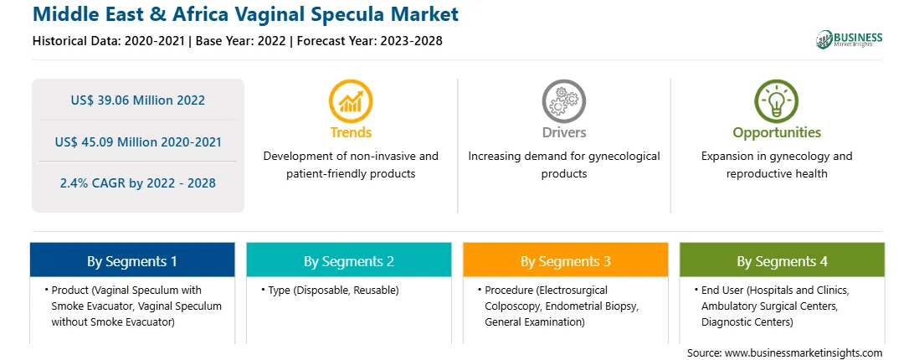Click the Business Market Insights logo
pos(849,39)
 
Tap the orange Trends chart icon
pos(351,101)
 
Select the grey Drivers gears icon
pos(563,101)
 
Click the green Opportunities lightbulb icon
pos(777,101)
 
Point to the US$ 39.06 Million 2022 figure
pos(138,100)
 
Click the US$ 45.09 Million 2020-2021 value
pos(138,141)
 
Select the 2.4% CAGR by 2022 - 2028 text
pos(138,183)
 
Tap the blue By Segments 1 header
pos(132,260)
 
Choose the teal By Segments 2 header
pos(348,260)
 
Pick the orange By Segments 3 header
pos(566,260)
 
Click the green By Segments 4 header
pos(783,260)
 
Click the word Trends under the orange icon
pos(351,132)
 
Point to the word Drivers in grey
pos(563,132)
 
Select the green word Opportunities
pos(777,133)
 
